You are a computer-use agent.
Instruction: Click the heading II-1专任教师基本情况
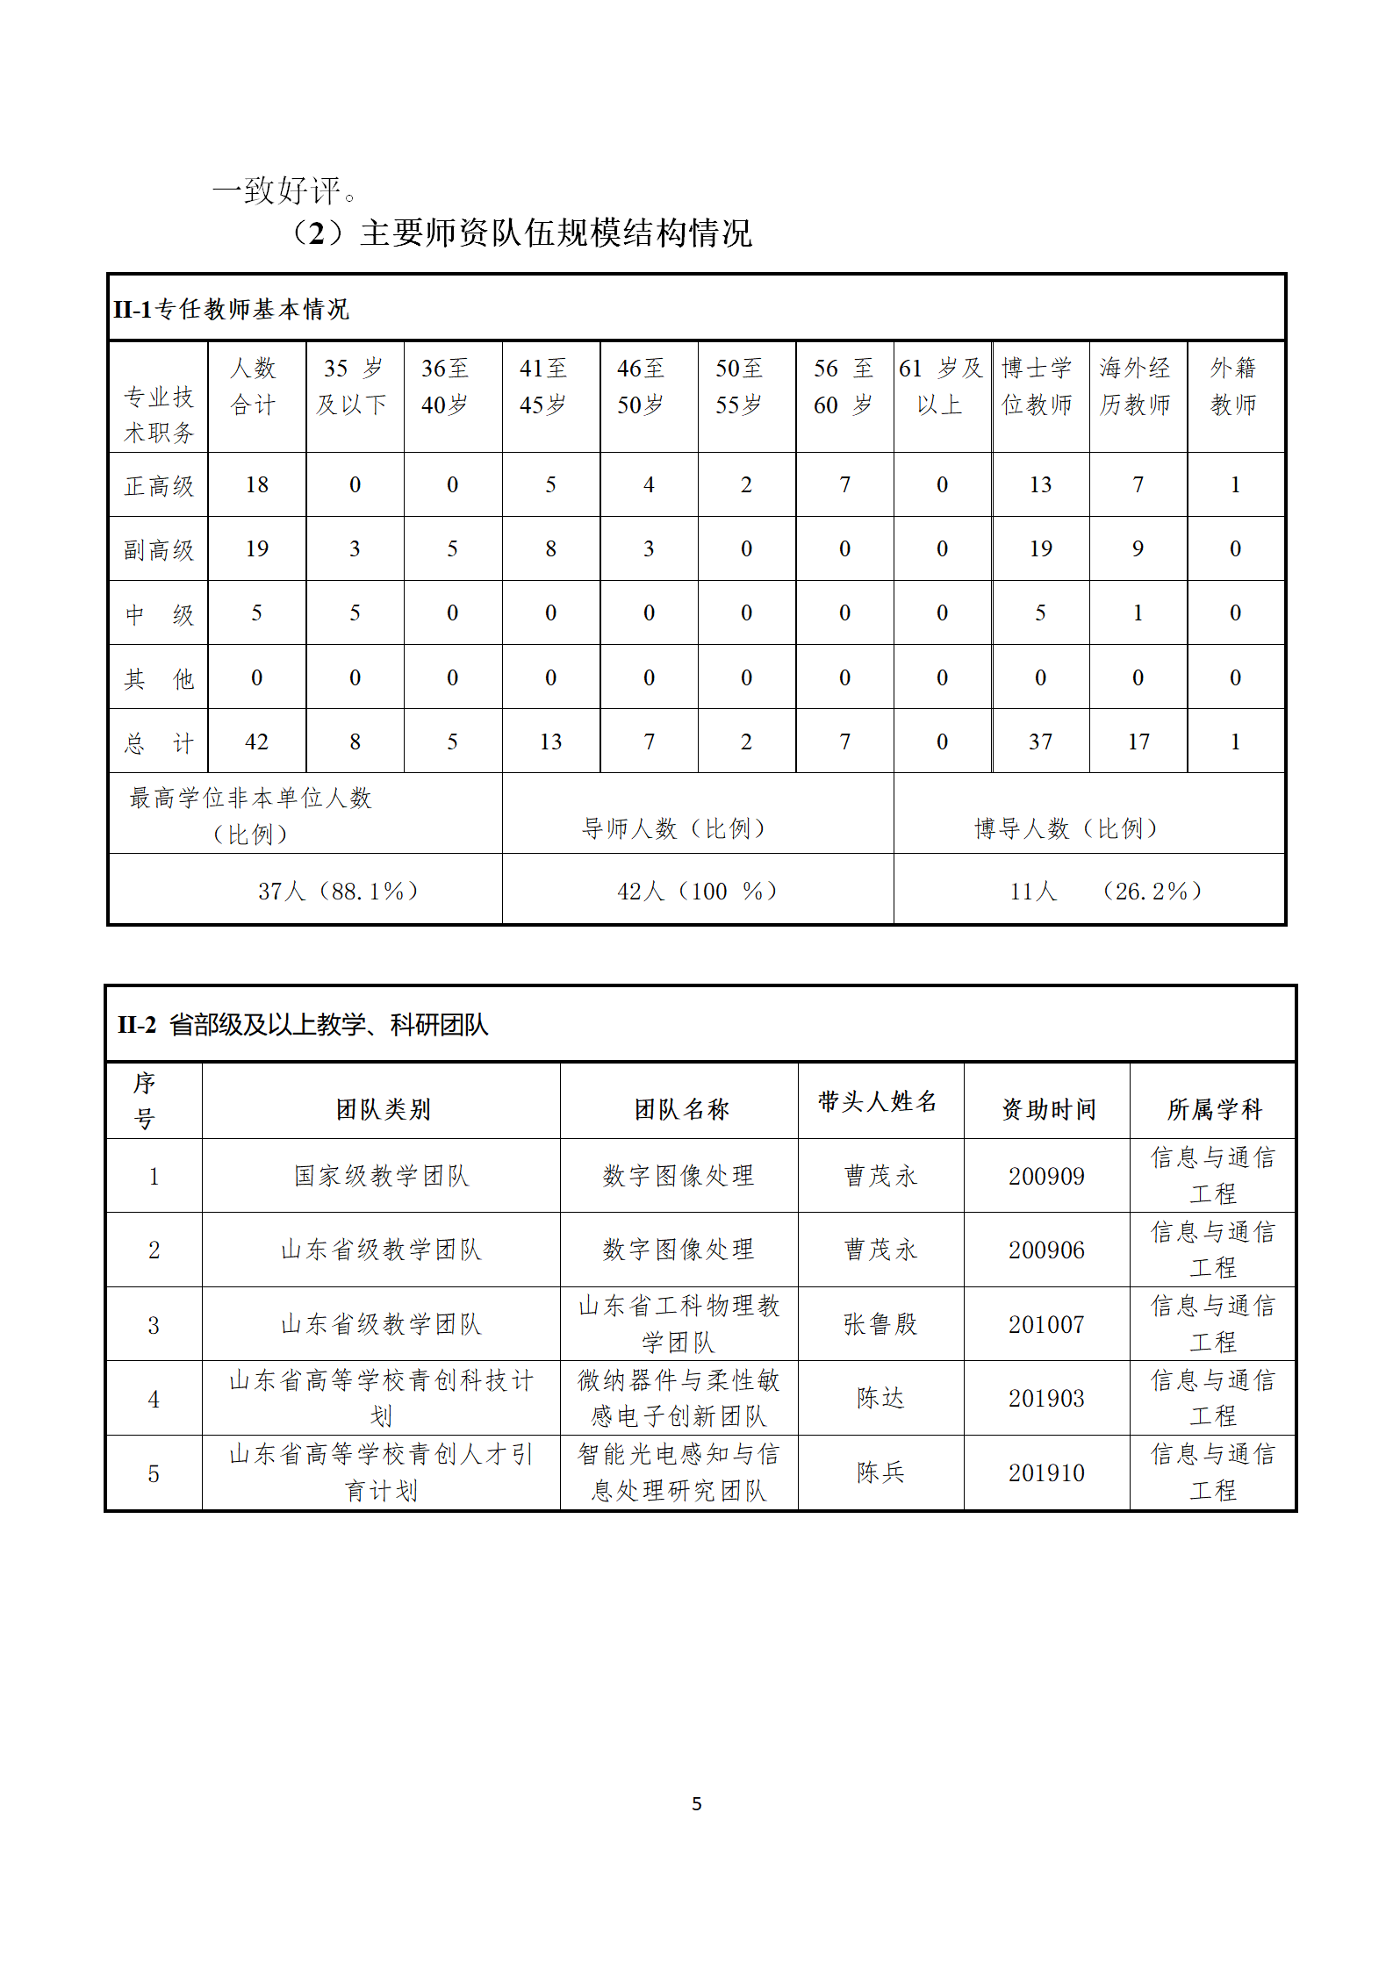click(x=231, y=309)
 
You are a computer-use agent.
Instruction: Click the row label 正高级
click(x=159, y=485)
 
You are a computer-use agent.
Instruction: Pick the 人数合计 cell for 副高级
click(x=256, y=549)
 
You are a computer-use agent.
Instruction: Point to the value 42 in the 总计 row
click(x=256, y=742)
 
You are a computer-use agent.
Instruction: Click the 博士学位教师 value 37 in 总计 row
click(x=1040, y=742)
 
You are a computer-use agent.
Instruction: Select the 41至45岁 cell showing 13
click(x=550, y=742)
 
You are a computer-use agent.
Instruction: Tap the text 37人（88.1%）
click(x=338, y=892)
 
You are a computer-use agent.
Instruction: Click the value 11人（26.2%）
click(x=1106, y=892)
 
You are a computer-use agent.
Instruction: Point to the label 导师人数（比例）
click(x=674, y=828)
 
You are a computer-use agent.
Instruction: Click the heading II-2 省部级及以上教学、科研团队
click(x=303, y=1024)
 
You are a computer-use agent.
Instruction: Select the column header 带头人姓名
click(x=878, y=1101)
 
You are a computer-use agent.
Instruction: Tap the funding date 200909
click(x=1046, y=1176)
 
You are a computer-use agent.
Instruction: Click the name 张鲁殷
click(x=880, y=1324)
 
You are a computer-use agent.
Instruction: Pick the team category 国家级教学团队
click(x=382, y=1176)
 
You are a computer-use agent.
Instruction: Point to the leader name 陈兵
click(x=880, y=1472)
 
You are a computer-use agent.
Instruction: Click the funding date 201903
click(x=1046, y=1399)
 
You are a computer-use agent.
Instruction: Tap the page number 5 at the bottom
click(x=697, y=1803)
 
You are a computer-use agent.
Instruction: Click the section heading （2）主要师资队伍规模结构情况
click(x=521, y=233)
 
